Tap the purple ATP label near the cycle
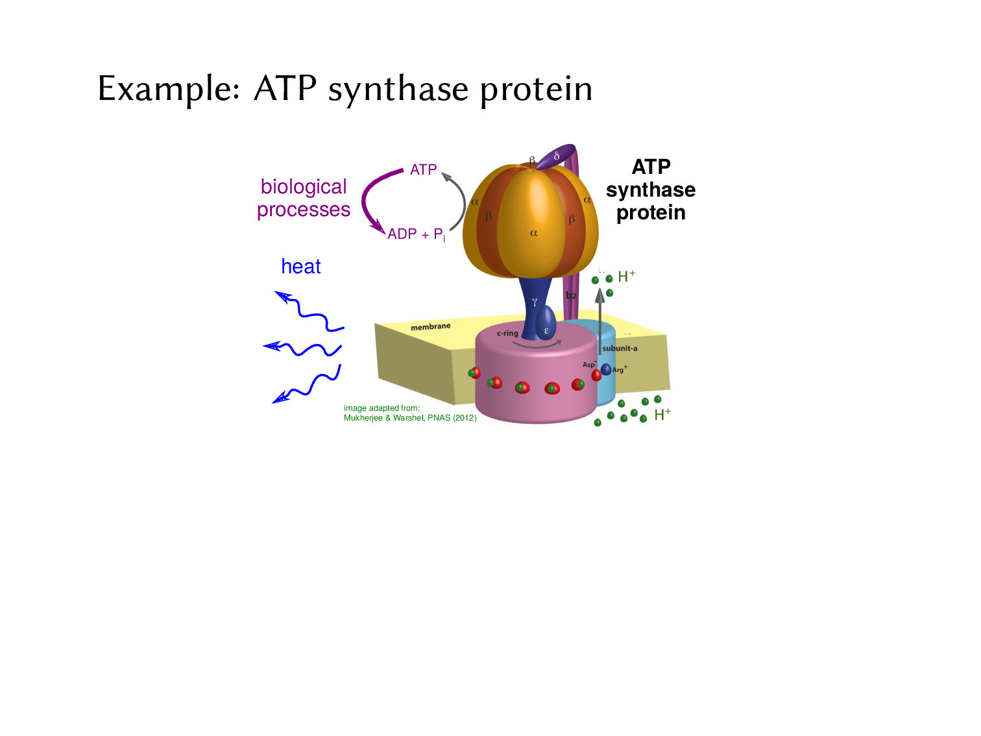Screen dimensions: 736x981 423,170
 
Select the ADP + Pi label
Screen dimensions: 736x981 416,234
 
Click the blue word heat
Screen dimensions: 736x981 301,267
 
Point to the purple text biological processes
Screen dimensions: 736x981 304,198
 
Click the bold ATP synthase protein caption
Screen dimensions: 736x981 651,190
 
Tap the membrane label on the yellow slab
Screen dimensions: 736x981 430,326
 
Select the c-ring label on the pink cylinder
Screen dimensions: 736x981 507,334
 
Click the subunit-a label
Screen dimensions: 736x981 620,349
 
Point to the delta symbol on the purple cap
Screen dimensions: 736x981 557,156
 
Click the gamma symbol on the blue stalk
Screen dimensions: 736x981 535,302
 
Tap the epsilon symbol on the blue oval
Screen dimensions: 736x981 546,330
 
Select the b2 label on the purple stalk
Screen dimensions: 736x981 571,295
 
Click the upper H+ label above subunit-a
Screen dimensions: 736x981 626,276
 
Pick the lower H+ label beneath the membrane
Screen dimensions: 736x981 662,415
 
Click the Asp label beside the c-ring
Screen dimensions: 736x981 588,365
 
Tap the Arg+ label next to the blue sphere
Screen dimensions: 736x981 620,370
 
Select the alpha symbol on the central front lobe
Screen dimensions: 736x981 534,233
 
